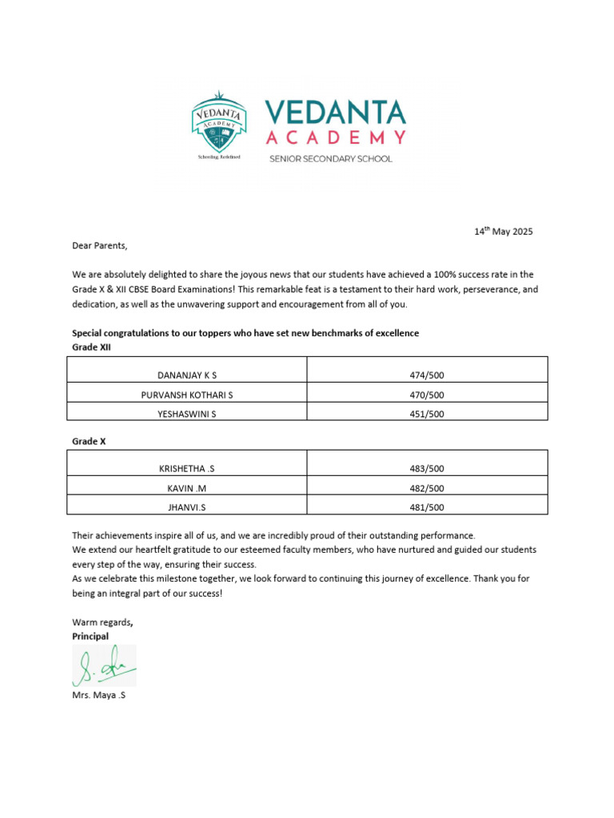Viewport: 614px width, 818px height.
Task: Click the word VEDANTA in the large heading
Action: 335,113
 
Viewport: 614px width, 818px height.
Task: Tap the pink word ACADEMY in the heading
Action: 335,137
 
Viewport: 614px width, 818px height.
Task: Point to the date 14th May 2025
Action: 503,232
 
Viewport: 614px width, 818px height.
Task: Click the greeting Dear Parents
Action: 99,245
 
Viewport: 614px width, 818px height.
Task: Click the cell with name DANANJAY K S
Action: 187,375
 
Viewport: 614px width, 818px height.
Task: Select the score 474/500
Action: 427,375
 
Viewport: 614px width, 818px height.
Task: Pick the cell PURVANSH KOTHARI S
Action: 187,395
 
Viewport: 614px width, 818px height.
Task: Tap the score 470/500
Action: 427,395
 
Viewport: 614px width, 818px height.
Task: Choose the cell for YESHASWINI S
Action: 187,414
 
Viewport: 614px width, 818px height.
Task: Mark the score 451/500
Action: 427,414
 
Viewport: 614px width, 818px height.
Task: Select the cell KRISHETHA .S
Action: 187,469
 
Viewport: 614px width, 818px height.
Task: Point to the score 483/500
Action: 427,469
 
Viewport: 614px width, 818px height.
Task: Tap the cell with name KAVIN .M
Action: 187,488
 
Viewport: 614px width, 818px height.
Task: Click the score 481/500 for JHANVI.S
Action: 427,507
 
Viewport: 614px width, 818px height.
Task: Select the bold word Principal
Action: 90,637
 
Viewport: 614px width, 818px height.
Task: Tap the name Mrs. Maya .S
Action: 99,696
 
